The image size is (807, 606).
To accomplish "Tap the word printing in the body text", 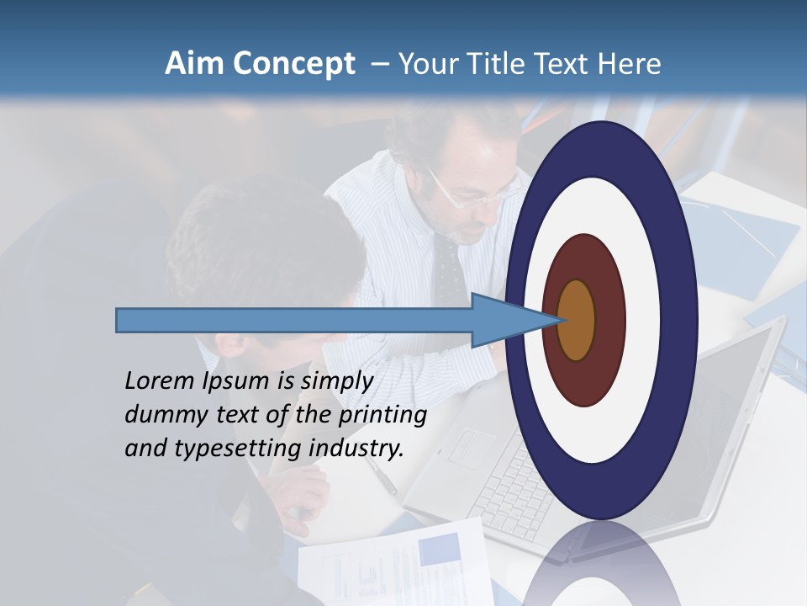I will (382, 415).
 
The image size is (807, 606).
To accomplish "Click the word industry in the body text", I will (356, 448).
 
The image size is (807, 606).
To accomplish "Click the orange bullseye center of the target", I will (577, 320).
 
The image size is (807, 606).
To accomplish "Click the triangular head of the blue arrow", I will (504, 320).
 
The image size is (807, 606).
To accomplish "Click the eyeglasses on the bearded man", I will (471, 195).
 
